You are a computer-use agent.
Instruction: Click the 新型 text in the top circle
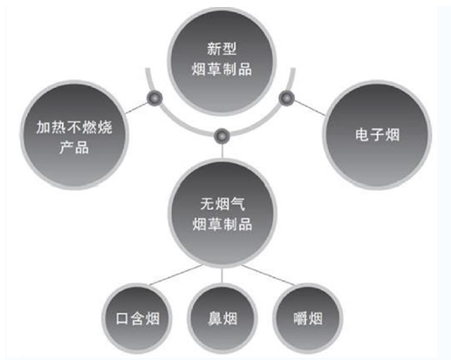pos(222,49)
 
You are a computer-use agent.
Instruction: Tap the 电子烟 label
pos(377,135)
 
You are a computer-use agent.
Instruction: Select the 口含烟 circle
pos(137,318)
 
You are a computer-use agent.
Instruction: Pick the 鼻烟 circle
pos(222,318)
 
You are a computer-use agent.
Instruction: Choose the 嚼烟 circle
pos(308,318)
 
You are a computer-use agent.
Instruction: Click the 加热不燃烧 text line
pos(74,127)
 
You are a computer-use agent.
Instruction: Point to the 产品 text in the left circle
pos(74,147)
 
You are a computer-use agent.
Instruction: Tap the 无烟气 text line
pos(222,204)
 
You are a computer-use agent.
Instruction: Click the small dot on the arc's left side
pos(154,98)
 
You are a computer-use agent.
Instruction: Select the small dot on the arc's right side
pos(287,98)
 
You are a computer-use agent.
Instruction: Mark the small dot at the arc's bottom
pos(222,136)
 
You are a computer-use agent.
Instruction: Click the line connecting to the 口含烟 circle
pos(175,275)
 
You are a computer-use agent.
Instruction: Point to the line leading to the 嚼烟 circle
pos(269,275)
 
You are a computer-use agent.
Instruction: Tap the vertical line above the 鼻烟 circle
pos(222,276)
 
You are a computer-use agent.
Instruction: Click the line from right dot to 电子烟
pos(310,108)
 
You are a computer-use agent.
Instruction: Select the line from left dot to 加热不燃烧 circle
pos(136,107)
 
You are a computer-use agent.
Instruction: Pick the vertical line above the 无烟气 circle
pos(222,151)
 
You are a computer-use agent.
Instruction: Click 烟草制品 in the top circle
pos(222,69)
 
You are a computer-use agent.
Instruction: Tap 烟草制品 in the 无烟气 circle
pos(222,224)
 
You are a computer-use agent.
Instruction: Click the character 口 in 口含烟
pos(122,318)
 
